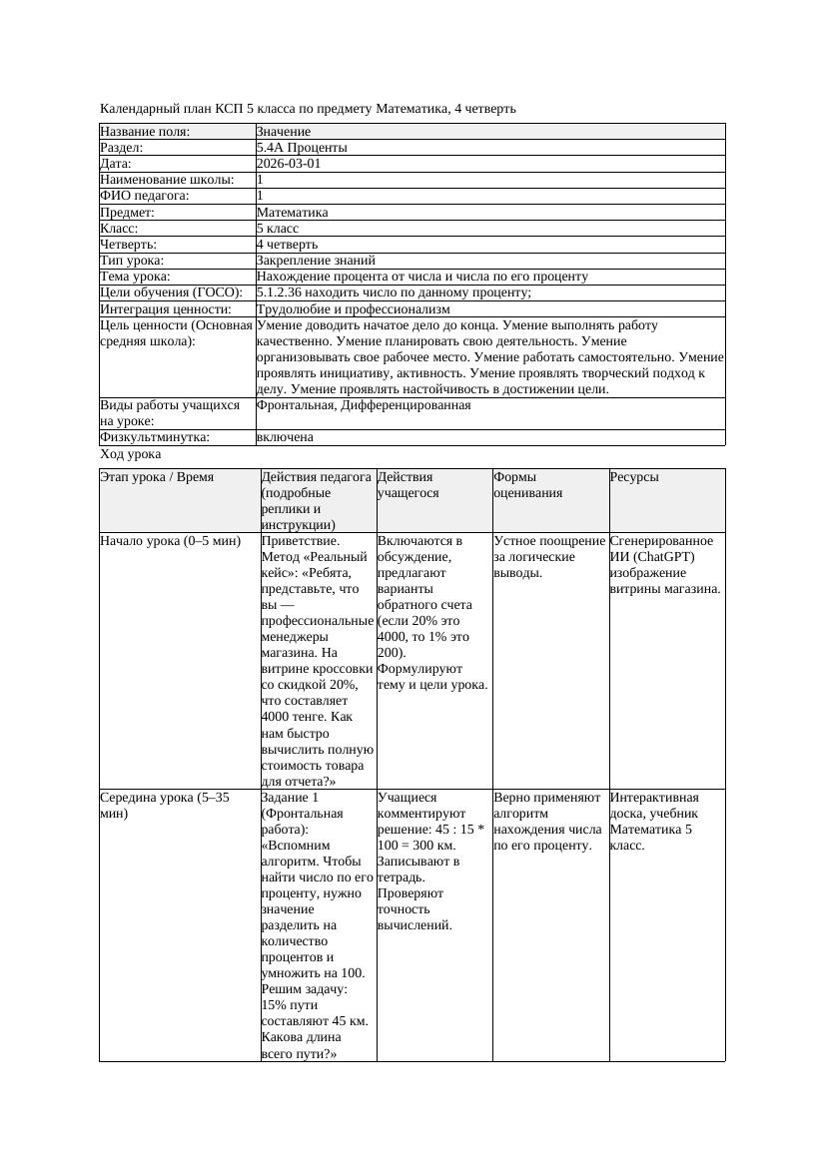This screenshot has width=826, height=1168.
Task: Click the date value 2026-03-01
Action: pos(289,164)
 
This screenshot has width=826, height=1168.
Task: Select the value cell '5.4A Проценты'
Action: pos(302,148)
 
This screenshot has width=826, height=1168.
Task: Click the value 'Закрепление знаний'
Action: pos(316,260)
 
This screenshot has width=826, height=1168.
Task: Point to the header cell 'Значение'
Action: pos(284,132)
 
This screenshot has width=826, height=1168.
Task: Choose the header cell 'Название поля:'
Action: pos(145,132)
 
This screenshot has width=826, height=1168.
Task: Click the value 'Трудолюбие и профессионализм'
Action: pos(353,309)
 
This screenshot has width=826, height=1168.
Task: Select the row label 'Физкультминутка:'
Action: pos(155,437)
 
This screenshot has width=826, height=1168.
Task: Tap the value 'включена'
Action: pos(285,437)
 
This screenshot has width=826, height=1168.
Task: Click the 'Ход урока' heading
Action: pos(131,454)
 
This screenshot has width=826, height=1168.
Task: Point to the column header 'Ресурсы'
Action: pos(634,477)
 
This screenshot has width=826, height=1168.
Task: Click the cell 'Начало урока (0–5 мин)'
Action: pos(171,541)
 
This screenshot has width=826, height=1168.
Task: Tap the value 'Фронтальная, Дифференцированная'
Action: pos(364,405)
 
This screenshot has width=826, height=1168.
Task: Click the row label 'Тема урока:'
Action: pos(136,276)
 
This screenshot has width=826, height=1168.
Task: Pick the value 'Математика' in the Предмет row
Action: pos(292,212)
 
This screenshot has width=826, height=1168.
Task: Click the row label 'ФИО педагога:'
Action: pos(145,196)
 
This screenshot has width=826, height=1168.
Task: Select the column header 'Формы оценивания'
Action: pos(529,484)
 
